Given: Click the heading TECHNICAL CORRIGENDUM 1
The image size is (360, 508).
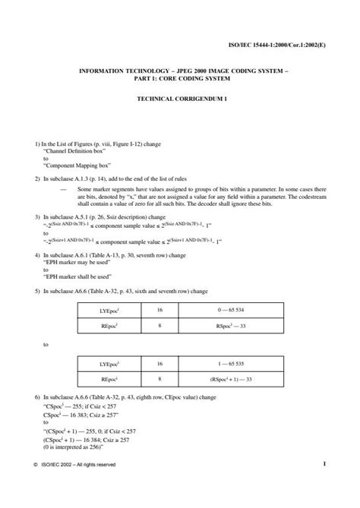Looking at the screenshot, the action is click(180, 99).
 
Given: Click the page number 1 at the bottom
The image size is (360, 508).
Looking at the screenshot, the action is click(324, 484).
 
